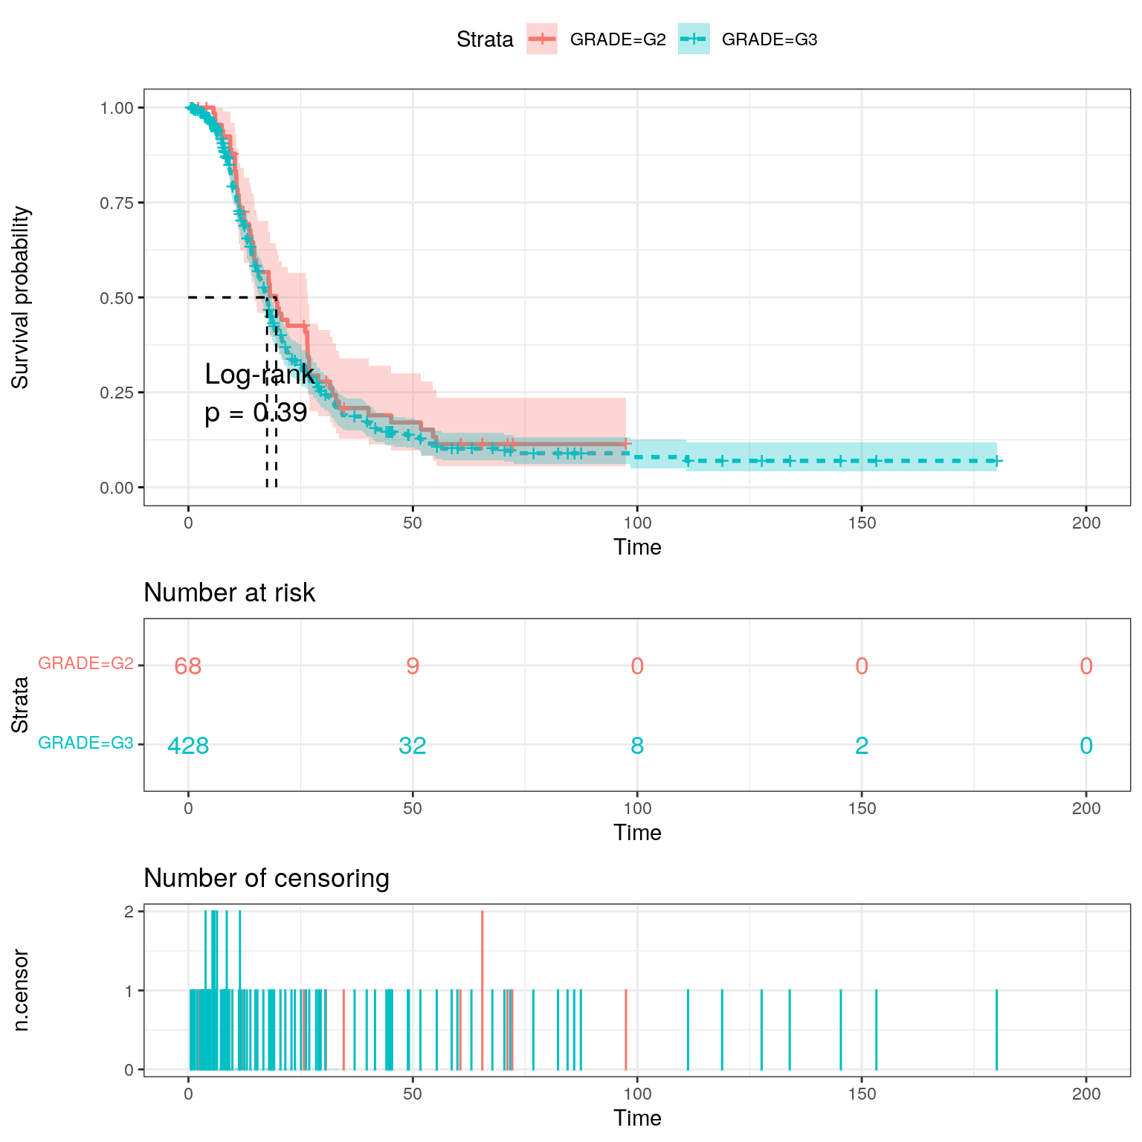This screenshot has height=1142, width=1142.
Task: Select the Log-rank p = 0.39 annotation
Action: point(257,393)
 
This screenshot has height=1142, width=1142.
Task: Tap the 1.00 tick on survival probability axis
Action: point(117,108)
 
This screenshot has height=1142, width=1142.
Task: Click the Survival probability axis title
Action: point(21,297)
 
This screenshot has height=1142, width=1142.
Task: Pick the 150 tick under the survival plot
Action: point(862,523)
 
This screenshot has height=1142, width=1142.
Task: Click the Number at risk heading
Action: point(229,593)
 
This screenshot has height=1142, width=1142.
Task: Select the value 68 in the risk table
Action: point(188,666)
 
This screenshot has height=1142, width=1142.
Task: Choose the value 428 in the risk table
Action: point(188,745)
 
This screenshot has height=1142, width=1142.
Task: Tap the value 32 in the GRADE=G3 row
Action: point(413,745)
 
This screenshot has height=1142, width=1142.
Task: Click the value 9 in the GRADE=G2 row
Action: point(413,666)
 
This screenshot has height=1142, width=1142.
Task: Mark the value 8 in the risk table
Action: point(637,745)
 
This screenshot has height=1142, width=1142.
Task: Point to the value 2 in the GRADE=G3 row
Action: point(862,745)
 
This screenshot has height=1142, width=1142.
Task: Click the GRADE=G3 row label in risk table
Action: point(86,743)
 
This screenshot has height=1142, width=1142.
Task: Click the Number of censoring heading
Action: point(266,878)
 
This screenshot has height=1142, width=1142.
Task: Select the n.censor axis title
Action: point(21,990)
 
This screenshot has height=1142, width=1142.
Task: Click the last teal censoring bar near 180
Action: point(996,1030)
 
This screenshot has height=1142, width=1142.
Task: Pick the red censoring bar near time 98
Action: point(626,1030)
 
